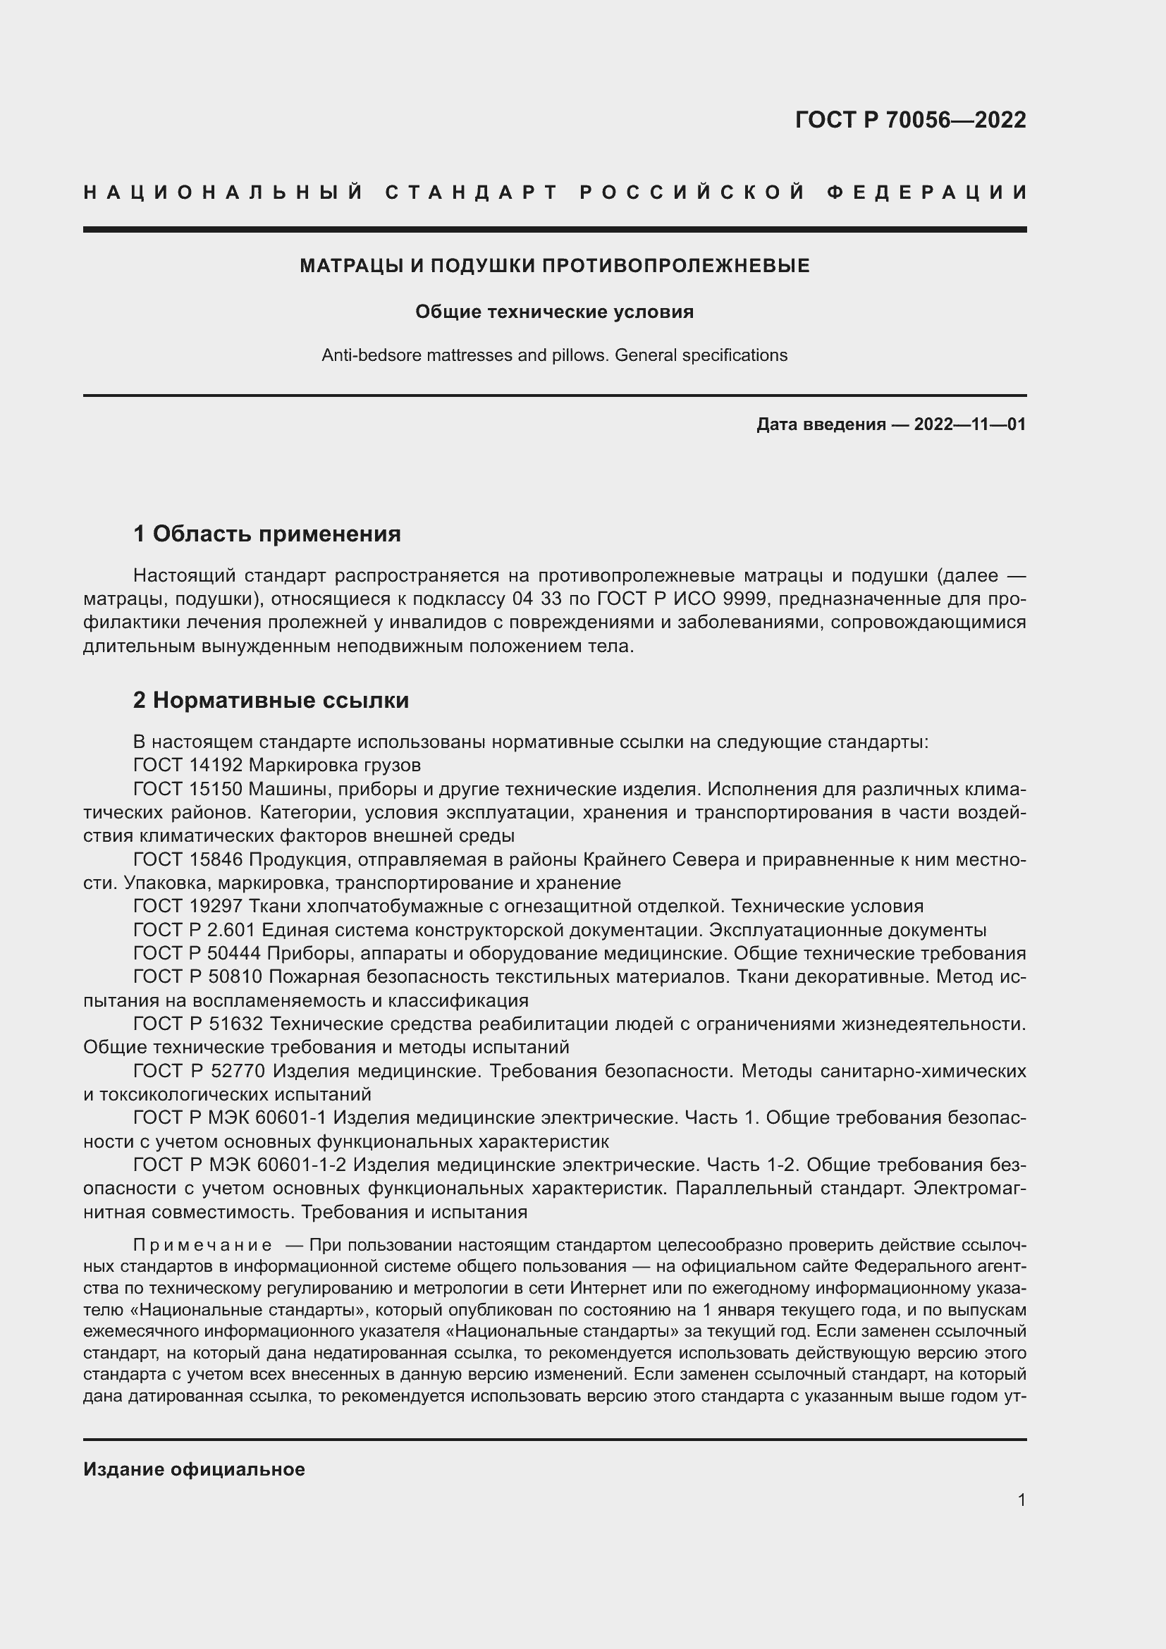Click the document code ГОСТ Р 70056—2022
click(x=909, y=120)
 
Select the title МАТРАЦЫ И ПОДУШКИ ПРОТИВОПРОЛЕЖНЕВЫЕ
click(x=554, y=266)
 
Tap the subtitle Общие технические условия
click(x=554, y=312)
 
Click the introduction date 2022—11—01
click(x=969, y=424)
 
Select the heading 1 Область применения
click(x=266, y=534)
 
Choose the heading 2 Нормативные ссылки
click(x=271, y=700)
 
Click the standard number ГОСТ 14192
click(x=188, y=765)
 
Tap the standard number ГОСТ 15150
click(x=188, y=789)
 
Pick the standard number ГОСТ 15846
click(x=188, y=859)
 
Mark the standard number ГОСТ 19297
click(x=188, y=907)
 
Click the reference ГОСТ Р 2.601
click(x=194, y=930)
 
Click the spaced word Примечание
click(x=202, y=1244)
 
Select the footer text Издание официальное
click(x=194, y=1469)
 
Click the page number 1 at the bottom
click(x=1021, y=1500)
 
